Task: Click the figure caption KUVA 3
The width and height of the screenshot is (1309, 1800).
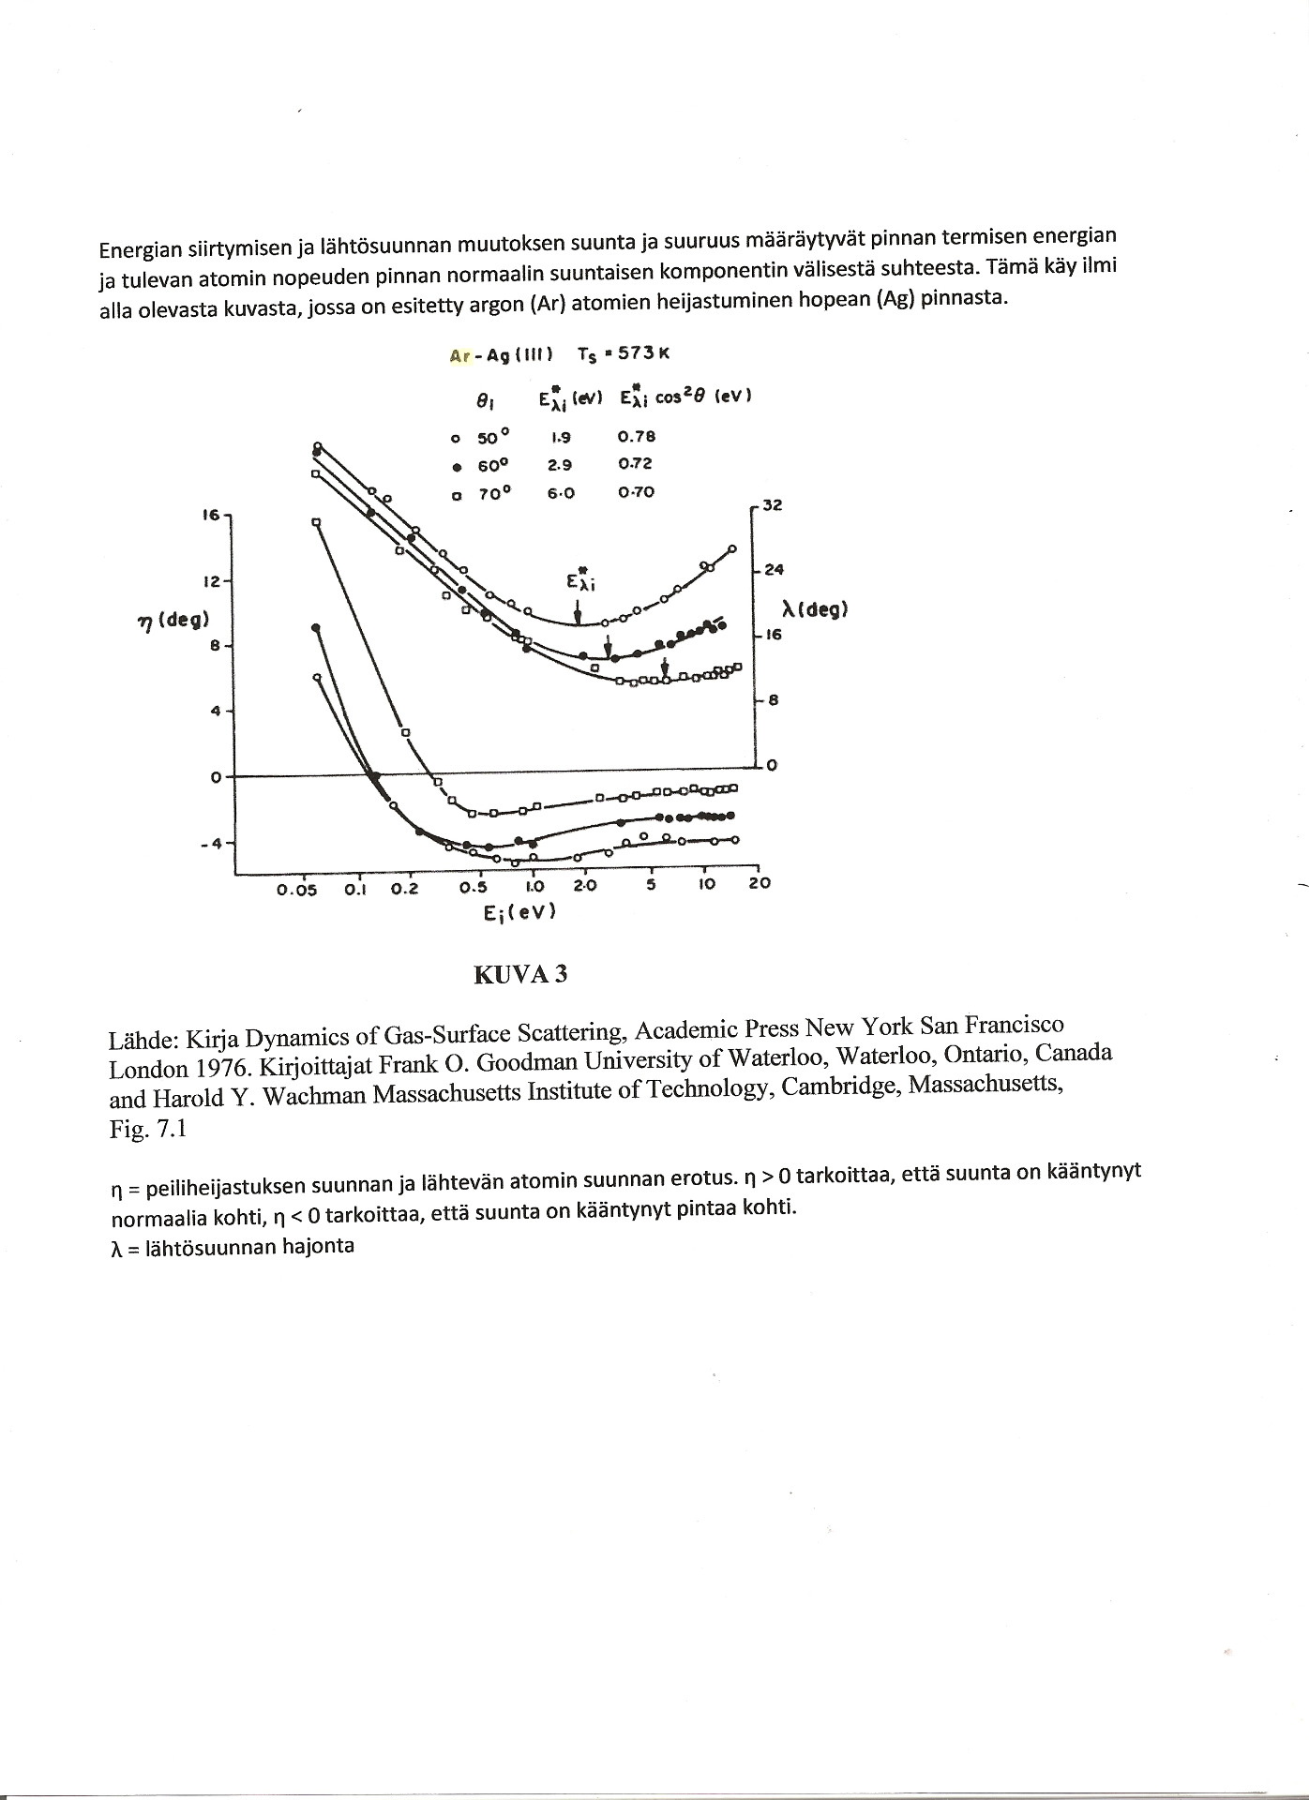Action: click(x=520, y=974)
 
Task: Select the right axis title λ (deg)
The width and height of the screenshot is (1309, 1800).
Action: click(x=815, y=610)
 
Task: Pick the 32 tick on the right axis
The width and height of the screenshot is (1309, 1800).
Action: click(x=772, y=505)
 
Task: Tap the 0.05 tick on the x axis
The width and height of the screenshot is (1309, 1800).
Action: click(x=296, y=890)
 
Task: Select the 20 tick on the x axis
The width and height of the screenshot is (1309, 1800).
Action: click(x=759, y=883)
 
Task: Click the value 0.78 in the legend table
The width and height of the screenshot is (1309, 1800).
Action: click(x=637, y=436)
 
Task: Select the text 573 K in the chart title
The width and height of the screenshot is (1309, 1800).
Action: click(x=642, y=353)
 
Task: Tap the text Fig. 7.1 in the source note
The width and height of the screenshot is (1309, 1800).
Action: click(x=148, y=1129)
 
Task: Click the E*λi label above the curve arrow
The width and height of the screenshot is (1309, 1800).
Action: click(x=581, y=581)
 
